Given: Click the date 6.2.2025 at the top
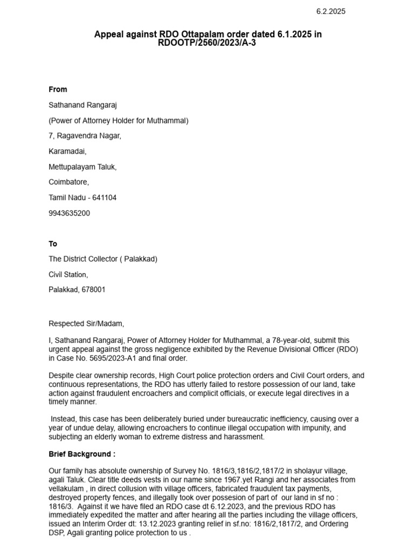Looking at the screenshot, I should (330, 11).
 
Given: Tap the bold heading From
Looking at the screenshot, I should (58, 89).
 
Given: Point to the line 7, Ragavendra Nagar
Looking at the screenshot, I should (85, 136).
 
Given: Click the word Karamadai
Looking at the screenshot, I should (67, 151).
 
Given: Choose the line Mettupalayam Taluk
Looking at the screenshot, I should (82, 167).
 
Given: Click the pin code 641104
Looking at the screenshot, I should (104, 198).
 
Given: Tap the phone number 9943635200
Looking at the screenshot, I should (70, 213).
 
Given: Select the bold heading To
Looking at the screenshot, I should (53, 244).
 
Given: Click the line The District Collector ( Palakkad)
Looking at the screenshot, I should (103, 259).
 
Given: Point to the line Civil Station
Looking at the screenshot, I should (68, 275).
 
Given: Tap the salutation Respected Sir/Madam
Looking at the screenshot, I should (86, 324).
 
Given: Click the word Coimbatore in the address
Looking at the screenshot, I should (68, 182).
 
